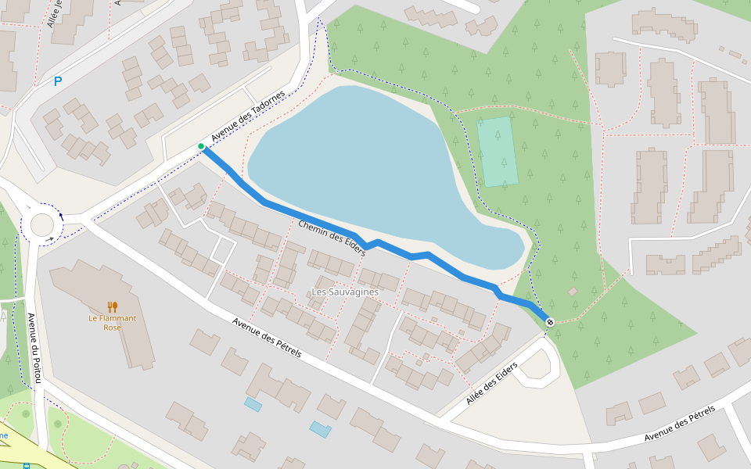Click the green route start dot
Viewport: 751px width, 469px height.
point(201,146)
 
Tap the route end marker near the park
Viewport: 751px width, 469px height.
point(550,322)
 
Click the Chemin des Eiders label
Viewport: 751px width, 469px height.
point(332,238)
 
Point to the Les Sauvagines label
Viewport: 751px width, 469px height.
point(345,292)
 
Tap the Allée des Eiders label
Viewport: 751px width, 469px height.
point(491,384)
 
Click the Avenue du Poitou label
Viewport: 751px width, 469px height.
point(33,348)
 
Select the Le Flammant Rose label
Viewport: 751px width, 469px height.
point(112,323)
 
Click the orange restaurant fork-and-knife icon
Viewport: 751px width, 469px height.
point(113,307)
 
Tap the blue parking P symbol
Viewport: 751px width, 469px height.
point(58,81)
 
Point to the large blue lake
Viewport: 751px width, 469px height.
point(368,172)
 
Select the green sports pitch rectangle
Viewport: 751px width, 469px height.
point(498,152)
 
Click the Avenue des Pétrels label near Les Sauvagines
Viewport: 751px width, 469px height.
point(267,338)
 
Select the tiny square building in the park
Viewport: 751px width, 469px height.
point(573,292)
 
